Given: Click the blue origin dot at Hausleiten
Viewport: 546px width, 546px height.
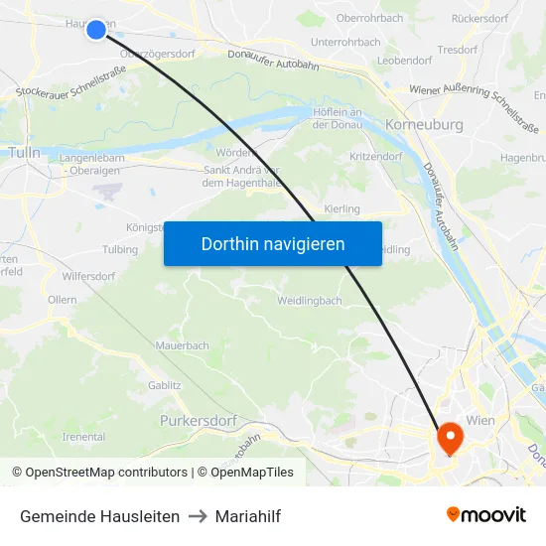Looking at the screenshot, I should tap(96, 29).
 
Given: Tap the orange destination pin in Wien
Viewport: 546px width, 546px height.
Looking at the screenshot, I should tap(449, 436).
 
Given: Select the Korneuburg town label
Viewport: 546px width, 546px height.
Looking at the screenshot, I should tap(424, 125).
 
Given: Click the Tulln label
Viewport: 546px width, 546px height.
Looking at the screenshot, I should tap(24, 152).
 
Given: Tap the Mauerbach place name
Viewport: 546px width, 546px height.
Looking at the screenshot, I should tap(182, 345).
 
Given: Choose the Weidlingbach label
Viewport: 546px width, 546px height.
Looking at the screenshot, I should tap(310, 300).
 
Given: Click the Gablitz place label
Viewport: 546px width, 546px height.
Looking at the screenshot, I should tap(165, 385).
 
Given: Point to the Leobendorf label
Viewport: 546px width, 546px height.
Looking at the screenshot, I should tap(404, 61).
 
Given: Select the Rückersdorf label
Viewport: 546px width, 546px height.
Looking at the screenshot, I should tap(479, 19).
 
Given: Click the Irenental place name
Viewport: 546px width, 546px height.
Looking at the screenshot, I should tap(83, 437).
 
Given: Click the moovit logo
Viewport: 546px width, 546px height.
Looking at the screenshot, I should tap(486, 515).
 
